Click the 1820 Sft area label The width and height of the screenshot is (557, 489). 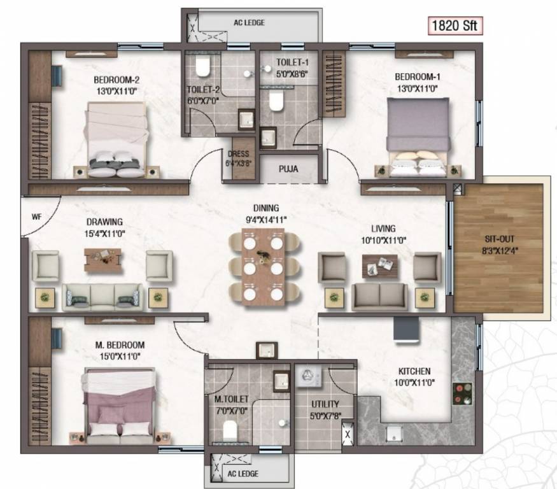coord(455,26)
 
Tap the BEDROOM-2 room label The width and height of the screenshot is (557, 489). coord(116,80)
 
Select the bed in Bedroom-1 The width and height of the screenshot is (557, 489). coord(417,136)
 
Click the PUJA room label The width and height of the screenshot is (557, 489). coord(288,169)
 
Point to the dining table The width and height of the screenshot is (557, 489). coord(263,266)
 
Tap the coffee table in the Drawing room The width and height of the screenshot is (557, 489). coord(102,257)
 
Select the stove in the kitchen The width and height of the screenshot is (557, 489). coord(462,394)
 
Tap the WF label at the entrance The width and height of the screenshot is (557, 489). coord(36,216)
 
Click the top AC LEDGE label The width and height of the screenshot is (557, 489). coord(250,23)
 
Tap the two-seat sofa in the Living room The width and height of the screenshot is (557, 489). coord(380,296)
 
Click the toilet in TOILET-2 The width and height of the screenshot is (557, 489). coord(203,66)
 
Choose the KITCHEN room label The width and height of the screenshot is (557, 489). coord(414,371)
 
